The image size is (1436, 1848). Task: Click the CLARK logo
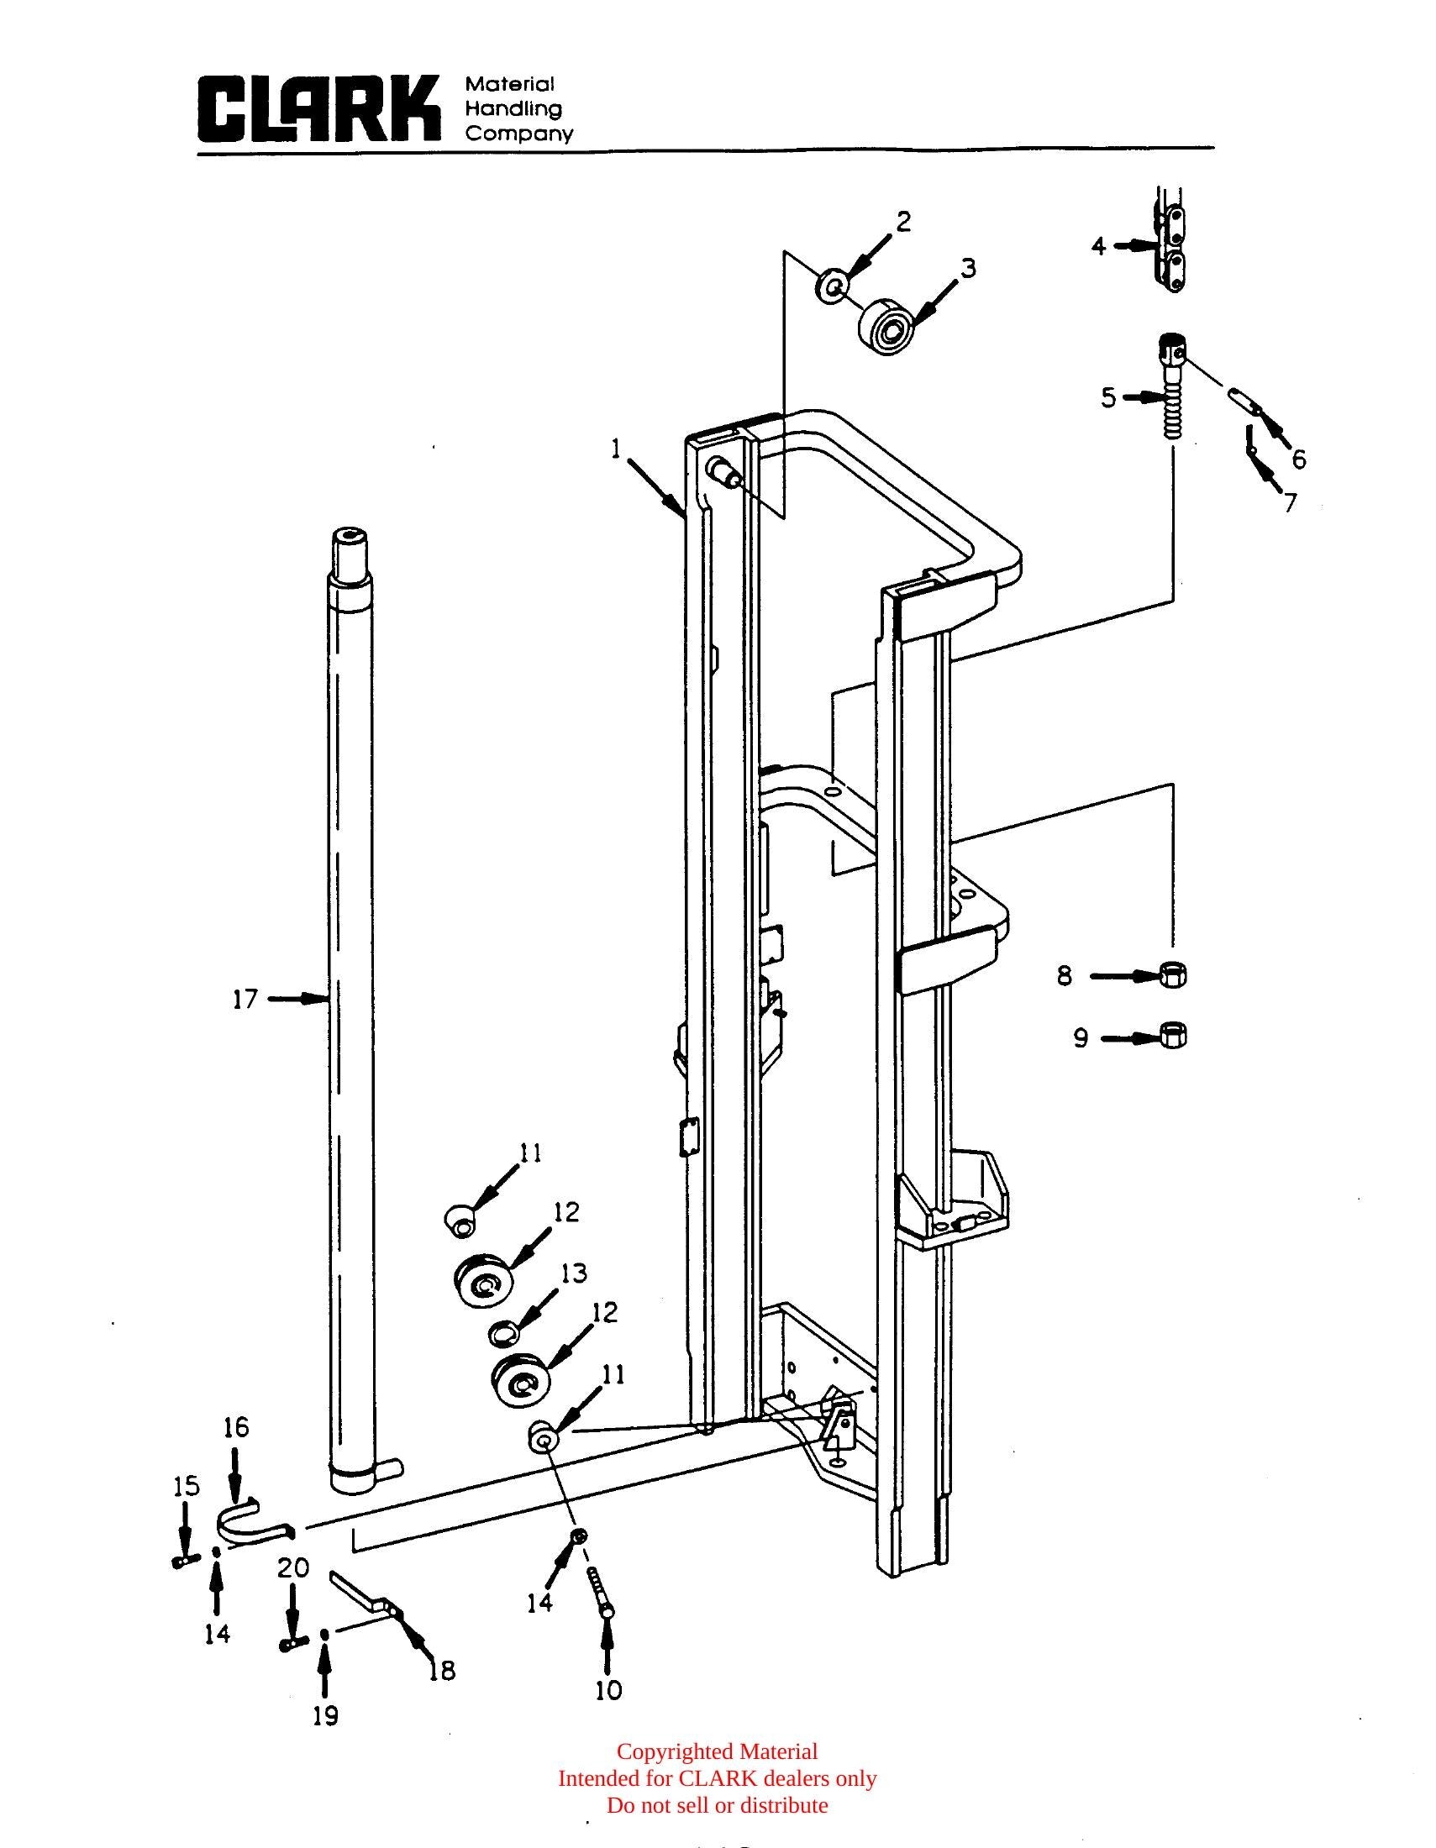coord(319,108)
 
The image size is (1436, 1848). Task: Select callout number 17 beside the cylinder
coord(245,1000)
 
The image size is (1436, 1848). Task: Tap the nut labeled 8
coord(1173,974)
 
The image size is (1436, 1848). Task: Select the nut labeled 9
coord(1173,1035)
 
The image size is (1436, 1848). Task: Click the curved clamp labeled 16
coord(252,1523)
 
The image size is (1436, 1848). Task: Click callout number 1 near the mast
coord(618,449)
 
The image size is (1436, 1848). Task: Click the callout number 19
coord(325,1715)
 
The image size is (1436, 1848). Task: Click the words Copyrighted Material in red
coord(717,1751)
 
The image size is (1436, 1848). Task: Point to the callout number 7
coord(1290,502)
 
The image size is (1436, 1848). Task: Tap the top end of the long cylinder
coord(350,538)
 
